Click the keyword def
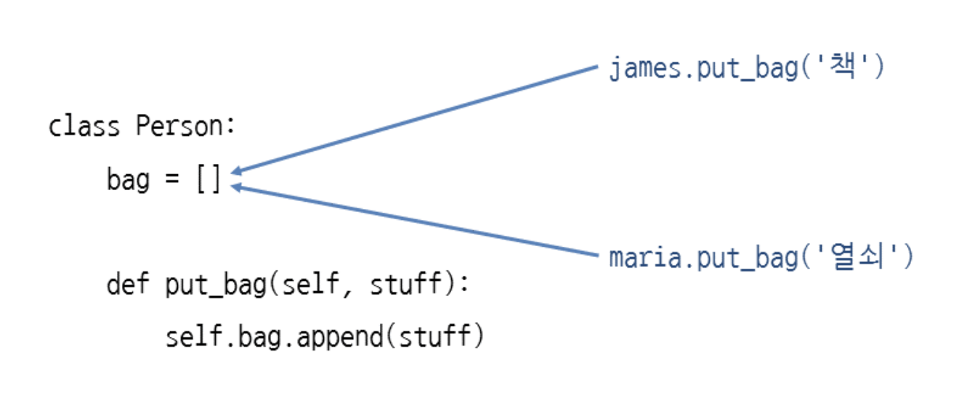128,284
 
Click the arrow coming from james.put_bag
414,120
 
